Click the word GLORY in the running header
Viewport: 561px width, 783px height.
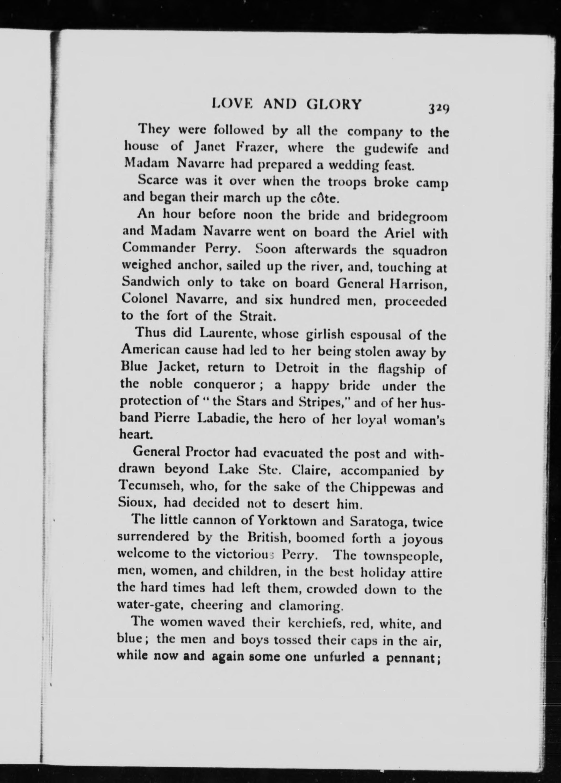pyautogui.click(x=334, y=104)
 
